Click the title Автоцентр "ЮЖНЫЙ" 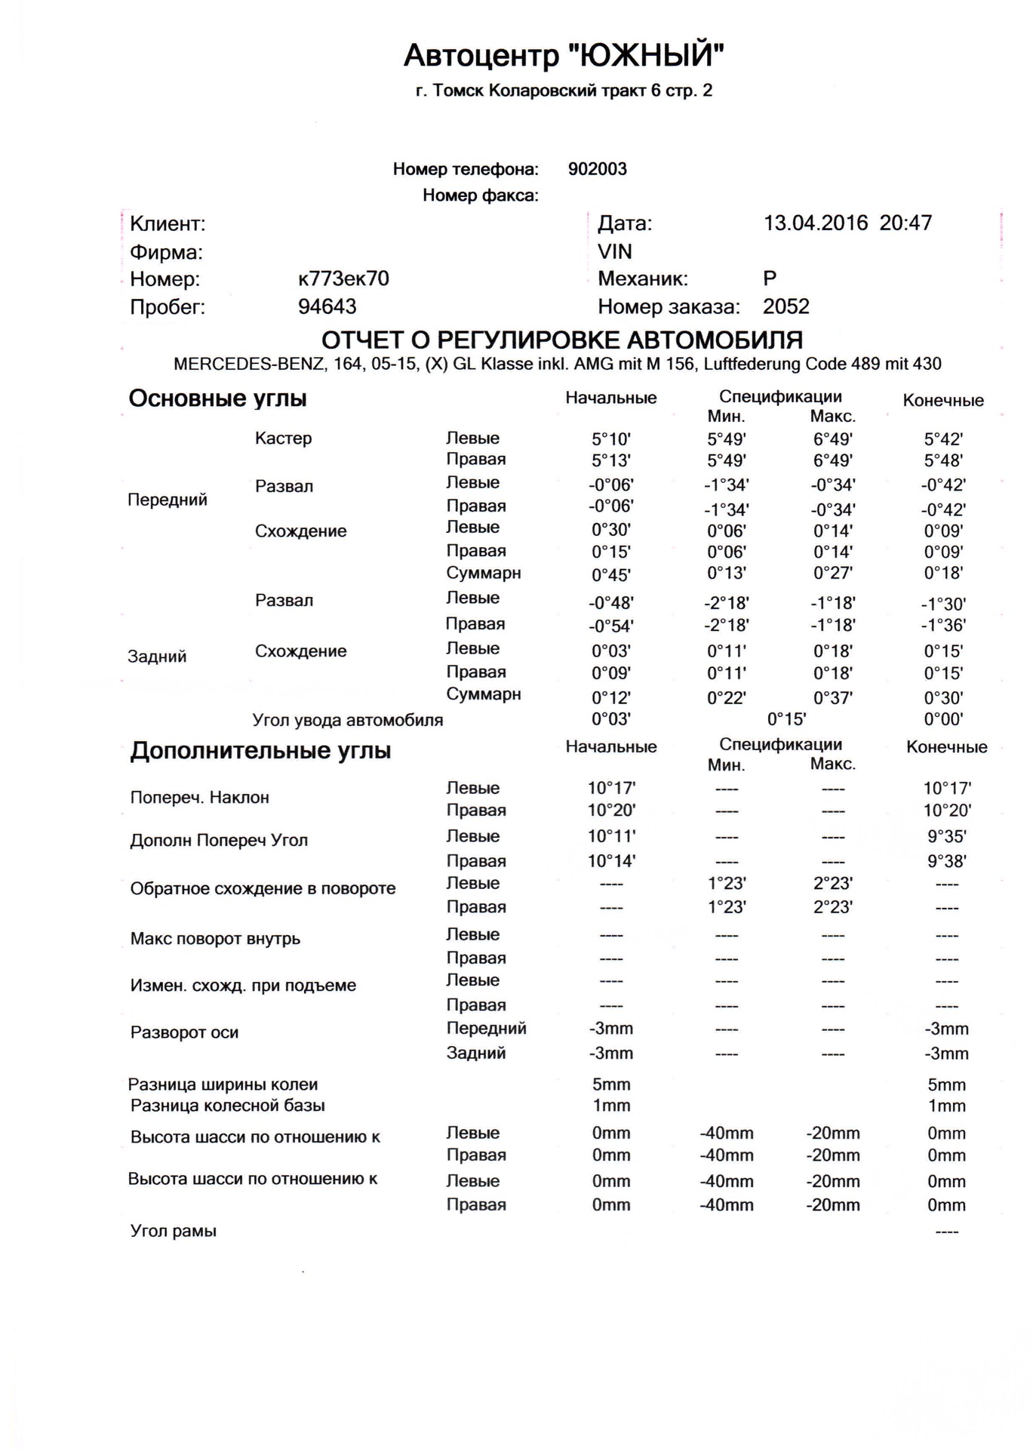point(564,55)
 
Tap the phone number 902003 point(597,169)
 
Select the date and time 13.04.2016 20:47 point(847,223)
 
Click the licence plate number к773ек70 point(343,279)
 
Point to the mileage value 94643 point(327,307)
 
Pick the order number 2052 point(786,307)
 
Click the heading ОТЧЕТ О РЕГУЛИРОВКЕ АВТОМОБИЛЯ point(562,340)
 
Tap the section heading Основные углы point(217,398)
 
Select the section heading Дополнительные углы point(260,751)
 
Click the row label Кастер point(283,438)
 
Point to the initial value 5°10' point(610,439)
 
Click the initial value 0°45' point(610,575)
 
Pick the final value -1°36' point(943,626)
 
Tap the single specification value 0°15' point(786,718)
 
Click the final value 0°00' point(943,719)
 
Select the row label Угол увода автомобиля point(347,720)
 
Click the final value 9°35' point(946,837)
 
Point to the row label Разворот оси point(184,1032)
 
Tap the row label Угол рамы point(173,1231)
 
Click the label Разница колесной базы point(227,1106)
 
